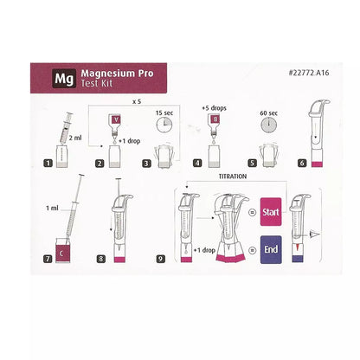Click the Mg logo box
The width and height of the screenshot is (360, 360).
tap(62, 75)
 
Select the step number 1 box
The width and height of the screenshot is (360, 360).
tap(48, 162)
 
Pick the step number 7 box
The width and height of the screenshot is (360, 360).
tap(48, 257)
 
